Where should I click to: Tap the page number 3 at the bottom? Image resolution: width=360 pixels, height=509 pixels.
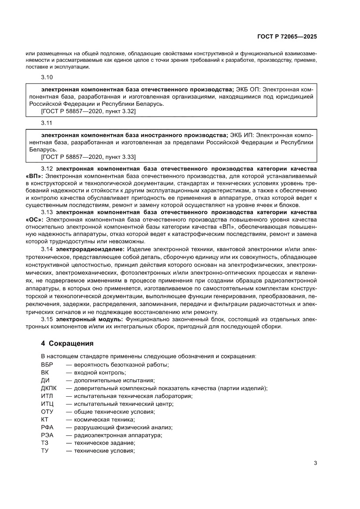(x=316, y=463)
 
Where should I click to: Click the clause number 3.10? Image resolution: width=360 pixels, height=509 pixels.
(x=47, y=78)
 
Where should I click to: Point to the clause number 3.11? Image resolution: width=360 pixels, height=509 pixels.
(x=47, y=123)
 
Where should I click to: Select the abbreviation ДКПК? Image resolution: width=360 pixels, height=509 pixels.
(x=49, y=388)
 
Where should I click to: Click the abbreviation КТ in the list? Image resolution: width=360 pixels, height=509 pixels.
(x=45, y=420)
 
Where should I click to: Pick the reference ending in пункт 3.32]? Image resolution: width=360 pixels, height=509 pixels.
(x=88, y=112)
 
